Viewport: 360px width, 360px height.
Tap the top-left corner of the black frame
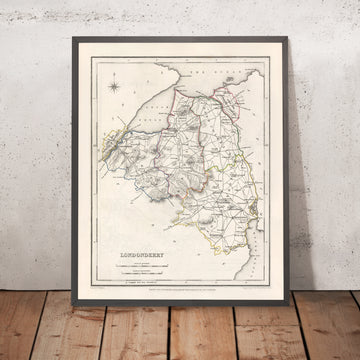[74, 39]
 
